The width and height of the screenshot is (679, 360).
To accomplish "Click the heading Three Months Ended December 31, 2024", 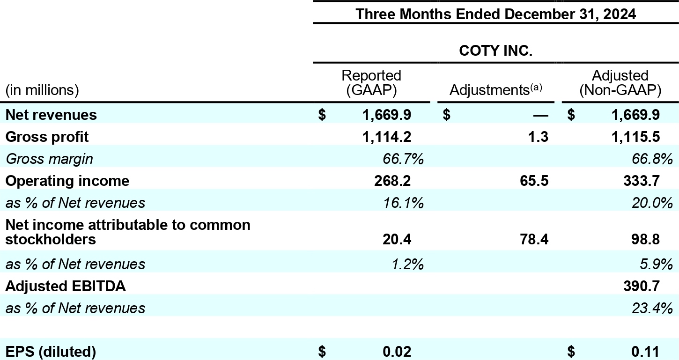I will point(495,14).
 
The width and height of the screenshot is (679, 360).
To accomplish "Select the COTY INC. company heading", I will point(495,51).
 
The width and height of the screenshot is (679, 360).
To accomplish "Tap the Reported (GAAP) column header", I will point(371,83).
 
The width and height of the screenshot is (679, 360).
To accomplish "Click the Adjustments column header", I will point(495,90).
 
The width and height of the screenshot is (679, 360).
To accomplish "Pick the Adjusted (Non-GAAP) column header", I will point(620,83).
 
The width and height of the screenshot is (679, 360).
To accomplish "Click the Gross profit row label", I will point(47,137).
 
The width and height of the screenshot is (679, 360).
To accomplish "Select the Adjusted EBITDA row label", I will point(66,286).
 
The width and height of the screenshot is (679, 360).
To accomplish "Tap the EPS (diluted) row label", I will point(51,351).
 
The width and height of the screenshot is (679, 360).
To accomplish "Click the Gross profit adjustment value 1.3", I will point(539,137).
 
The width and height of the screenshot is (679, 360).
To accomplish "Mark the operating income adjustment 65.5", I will point(533,181).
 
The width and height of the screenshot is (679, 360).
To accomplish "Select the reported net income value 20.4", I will point(398,240).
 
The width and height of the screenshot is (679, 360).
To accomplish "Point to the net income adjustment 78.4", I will point(533,240).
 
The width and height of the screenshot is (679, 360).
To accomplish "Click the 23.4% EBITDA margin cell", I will point(652,308).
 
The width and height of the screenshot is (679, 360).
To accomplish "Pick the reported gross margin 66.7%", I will point(403,159).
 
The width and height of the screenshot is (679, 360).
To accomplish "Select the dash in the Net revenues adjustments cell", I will point(539,115).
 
